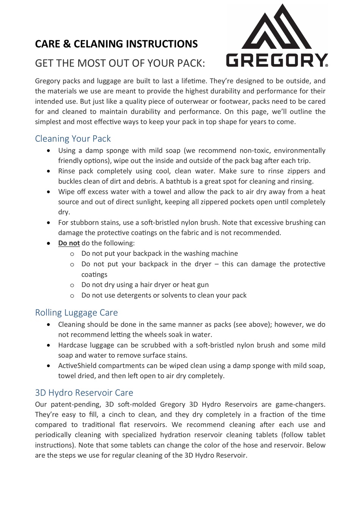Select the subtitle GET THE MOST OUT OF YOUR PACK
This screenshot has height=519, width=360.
tap(120, 63)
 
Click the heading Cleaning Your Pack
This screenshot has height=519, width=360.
tap(73, 139)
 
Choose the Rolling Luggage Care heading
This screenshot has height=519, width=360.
tap(76, 313)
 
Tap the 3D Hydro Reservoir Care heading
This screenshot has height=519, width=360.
tap(84, 392)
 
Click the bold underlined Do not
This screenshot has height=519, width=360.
tap(69, 243)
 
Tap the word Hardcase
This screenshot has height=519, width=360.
tap(72, 345)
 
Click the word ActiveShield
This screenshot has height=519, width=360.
tap(77, 366)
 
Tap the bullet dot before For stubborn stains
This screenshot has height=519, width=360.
tap(49, 223)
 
